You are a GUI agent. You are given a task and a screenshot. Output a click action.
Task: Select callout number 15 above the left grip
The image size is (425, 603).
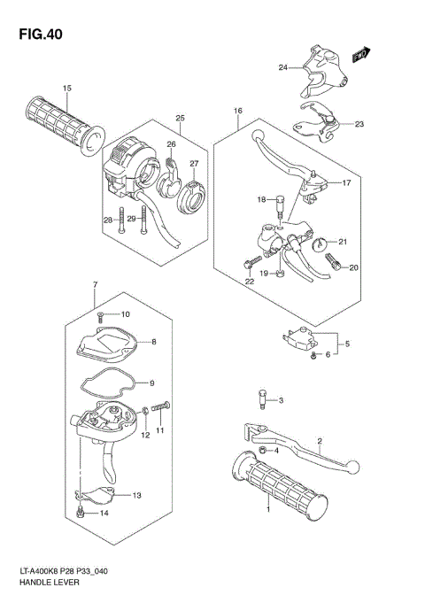tap(66, 88)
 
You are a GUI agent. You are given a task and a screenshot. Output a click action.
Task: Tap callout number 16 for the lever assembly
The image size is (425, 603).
tap(238, 111)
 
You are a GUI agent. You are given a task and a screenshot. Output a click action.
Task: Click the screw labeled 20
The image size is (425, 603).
tap(335, 261)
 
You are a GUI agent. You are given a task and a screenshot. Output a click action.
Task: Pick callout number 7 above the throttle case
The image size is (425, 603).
tap(95, 284)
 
